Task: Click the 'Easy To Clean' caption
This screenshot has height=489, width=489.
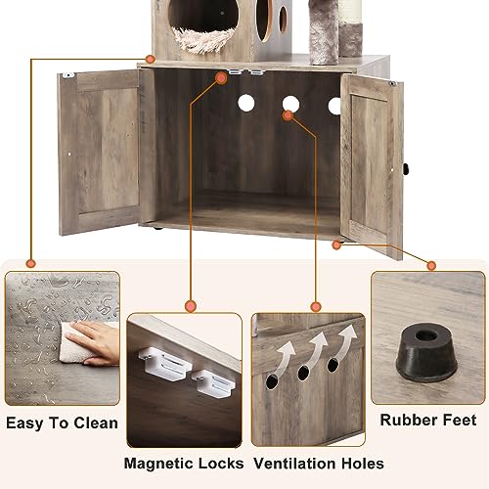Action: [x=62, y=423]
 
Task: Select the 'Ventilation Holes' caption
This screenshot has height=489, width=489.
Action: [x=318, y=463]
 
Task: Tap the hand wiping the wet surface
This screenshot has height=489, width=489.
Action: [x=92, y=342]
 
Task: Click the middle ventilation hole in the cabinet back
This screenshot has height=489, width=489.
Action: [x=290, y=104]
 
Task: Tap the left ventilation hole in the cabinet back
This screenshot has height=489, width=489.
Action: [x=244, y=104]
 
